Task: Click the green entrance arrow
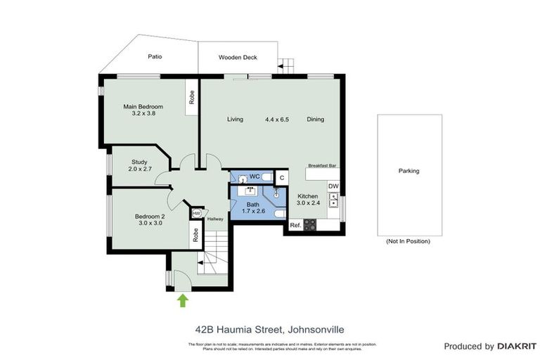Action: (183, 300)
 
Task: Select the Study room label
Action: (139, 162)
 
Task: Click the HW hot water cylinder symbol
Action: (197, 213)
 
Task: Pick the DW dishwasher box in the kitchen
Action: (333, 186)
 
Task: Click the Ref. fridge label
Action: (295, 226)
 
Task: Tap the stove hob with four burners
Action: (309, 225)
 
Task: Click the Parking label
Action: (409, 171)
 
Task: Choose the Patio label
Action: (155, 57)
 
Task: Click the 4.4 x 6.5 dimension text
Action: (276, 120)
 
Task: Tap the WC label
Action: (254, 176)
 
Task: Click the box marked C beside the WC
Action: (280, 178)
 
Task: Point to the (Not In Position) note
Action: (409, 241)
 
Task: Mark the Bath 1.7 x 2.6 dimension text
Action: (252, 210)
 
